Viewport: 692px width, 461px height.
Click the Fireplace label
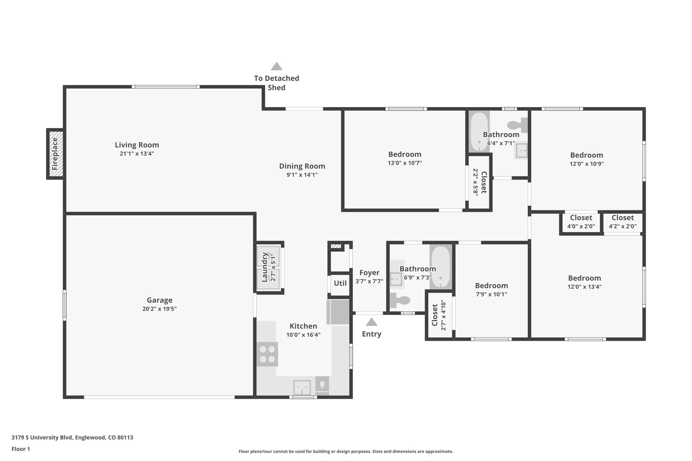pyautogui.click(x=55, y=154)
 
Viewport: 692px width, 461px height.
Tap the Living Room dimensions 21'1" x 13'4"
pyautogui.click(x=137, y=154)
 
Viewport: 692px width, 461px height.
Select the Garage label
pyautogui.click(x=159, y=300)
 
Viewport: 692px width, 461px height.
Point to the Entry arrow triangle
pyautogui.click(x=371, y=322)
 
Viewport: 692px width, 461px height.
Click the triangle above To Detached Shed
pyautogui.click(x=276, y=66)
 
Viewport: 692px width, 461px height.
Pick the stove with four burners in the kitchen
pyautogui.click(x=267, y=354)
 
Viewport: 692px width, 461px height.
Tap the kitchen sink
pyautogui.click(x=302, y=387)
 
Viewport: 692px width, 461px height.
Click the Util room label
pyautogui.click(x=340, y=283)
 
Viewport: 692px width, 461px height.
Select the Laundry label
pyautogui.click(x=265, y=267)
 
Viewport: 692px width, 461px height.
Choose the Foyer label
pyautogui.click(x=369, y=273)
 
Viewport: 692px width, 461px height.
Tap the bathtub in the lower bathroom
pyautogui.click(x=441, y=267)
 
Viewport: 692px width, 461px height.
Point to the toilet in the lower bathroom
pyautogui.click(x=400, y=300)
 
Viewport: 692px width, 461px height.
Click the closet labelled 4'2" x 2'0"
pyautogui.click(x=623, y=222)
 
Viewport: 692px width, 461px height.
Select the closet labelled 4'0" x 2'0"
pyautogui.click(x=581, y=222)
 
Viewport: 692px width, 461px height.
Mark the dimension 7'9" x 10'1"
pyautogui.click(x=491, y=294)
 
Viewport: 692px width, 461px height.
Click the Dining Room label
pyautogui.click(x=302, y=166)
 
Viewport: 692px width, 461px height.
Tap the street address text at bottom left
pyautogui.click(x=72, y=437)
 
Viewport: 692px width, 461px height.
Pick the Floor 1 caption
pyautogui.click(x=21, y=449)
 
